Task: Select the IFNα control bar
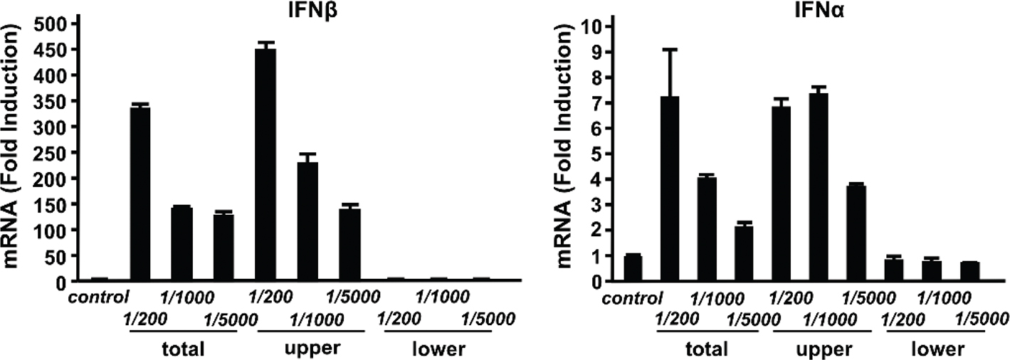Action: point(633,268)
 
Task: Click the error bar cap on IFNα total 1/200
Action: point(670,49)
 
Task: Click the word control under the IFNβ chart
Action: point(99,296)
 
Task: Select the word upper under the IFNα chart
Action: point(823,349)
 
